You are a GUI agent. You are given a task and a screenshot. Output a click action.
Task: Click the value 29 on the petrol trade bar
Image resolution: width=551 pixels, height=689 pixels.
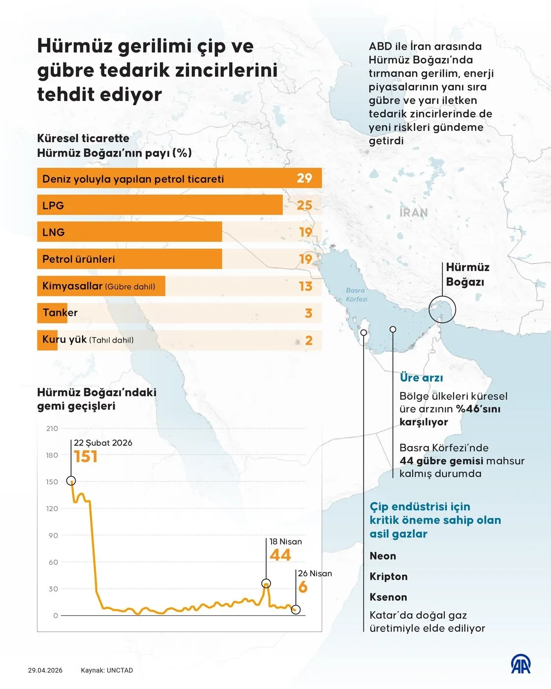point(304,178)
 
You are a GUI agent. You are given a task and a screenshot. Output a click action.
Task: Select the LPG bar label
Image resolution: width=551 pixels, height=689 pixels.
point(53,206)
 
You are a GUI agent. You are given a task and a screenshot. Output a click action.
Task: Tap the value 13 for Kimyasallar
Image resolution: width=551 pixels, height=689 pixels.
point(305,286)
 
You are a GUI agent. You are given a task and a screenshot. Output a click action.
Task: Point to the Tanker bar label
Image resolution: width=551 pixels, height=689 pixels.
point(60,313)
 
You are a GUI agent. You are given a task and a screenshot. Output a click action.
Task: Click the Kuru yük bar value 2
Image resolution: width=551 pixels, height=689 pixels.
point(308,341)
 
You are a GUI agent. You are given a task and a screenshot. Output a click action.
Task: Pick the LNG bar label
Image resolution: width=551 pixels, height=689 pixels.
point(54,232)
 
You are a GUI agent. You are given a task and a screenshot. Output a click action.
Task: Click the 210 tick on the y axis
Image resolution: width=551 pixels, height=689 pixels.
point(52,429)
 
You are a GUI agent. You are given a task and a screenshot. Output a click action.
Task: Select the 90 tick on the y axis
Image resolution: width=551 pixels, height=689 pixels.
point(53,535)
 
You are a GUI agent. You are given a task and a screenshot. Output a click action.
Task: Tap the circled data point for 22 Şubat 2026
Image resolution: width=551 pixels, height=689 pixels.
point(71,481)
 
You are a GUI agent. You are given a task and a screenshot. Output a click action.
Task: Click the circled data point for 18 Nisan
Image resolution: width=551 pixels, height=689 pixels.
point(266,584)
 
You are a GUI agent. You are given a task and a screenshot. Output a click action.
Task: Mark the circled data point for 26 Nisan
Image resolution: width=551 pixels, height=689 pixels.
point(296,610)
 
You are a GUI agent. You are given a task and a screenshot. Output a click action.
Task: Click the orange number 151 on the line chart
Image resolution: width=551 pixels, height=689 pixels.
point(86,457)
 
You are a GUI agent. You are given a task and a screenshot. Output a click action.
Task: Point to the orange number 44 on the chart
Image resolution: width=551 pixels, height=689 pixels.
point(280,555)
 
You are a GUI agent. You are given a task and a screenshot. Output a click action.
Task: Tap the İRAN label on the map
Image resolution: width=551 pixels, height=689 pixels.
point(414,213)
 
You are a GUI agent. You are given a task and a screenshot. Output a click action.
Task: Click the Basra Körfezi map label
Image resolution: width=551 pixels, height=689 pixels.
point(356,295)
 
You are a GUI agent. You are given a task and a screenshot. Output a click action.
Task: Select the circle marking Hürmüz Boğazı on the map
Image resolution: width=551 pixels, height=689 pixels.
point(442,310)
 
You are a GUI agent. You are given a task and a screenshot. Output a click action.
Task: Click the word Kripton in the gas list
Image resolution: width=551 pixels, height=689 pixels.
point(389,577)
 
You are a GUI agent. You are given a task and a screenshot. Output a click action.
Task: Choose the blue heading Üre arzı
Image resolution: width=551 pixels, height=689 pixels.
point(421,378)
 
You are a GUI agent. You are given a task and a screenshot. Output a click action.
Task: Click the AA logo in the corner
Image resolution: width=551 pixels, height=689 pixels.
point(520,664)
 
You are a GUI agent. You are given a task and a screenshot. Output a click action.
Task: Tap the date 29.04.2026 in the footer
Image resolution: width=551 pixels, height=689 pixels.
point(45,670)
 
